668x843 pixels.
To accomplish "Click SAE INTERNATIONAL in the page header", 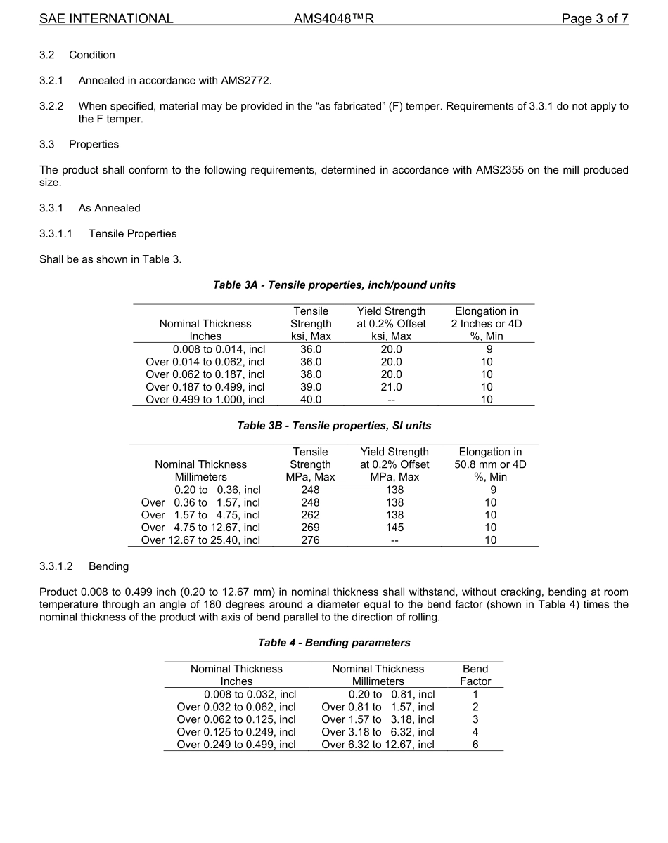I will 106,19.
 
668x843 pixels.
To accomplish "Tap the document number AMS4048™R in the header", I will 333,19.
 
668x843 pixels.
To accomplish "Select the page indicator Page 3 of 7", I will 594,19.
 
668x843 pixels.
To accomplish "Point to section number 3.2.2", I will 51,106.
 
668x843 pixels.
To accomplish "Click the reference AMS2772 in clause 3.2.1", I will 245,80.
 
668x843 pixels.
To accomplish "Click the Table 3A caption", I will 334,285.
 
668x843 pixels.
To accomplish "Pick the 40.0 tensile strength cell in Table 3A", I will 311,400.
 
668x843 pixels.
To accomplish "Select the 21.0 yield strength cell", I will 391,387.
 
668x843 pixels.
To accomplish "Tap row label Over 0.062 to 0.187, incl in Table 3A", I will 205,374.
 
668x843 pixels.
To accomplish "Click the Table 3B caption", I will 334,426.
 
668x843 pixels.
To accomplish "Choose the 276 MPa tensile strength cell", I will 310,540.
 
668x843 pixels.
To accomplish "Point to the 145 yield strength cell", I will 394,528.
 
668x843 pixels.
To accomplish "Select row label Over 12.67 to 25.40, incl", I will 200,540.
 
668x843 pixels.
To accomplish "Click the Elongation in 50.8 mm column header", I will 490,464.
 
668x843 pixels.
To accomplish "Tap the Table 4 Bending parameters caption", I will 334,643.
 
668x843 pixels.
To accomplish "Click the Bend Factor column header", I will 475,675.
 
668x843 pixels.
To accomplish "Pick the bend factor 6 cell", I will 475,745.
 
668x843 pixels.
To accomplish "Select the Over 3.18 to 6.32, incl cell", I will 378,732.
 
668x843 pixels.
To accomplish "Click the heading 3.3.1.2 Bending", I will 84,566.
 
